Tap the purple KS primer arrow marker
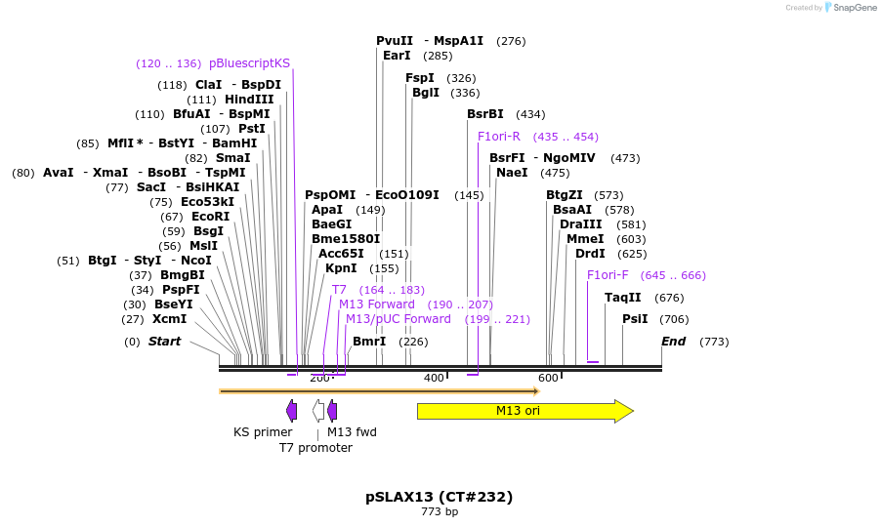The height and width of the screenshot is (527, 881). point(291,411)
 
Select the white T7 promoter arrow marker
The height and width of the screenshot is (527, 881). point(318,411)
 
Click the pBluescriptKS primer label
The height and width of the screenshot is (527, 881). point(249,63)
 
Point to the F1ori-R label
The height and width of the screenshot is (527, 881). point(499,137)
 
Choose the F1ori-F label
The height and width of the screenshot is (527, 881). point(608,275)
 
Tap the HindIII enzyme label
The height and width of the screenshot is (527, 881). point(249,100)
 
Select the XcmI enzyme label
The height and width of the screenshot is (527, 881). point(169,319)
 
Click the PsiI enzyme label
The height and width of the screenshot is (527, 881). point(635,319)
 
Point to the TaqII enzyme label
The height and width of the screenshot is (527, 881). point(623,298)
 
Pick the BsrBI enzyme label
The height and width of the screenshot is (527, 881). point(485,114)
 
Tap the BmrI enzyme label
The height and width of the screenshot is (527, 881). point(369,342)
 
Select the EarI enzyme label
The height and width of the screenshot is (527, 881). point(397,56)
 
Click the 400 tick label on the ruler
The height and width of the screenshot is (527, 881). point(434,379)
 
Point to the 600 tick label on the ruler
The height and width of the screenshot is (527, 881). point(548,379)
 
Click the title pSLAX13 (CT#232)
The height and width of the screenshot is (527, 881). point(440,497)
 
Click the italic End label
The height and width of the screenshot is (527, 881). point(673,342)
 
